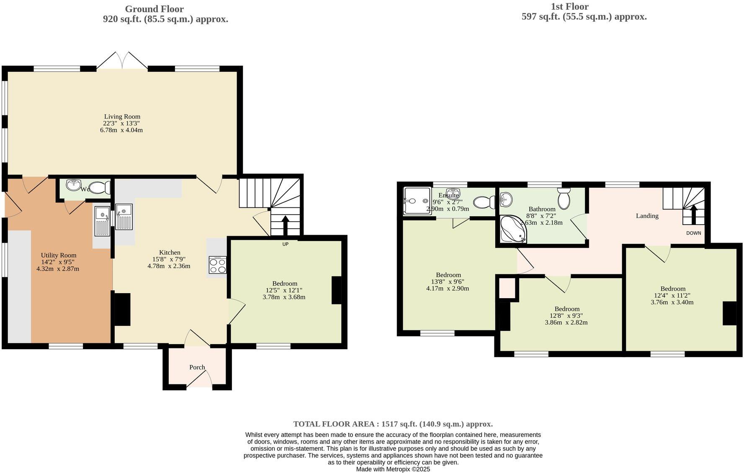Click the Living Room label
[x=122, y=117]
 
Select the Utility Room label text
[x=59, y=255]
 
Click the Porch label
[x=197, y=367]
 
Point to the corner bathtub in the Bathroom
[x=512, y=230]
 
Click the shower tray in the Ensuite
[x=417, y=201]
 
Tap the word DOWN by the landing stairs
[x=693, y=233]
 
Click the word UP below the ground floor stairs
[x=285, y=244]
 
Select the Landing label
[x=647, y=216]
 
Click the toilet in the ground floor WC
[x=99, y=188]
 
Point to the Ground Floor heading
[x=154, y=9]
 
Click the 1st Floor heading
[x=569, y=6]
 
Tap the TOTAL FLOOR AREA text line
[x=393, y=424]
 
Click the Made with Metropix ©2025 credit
[x=393, y=469]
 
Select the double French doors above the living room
[x=122, y=61]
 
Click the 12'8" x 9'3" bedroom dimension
[x=566, y=316]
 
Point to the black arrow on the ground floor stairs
[x=286, y=226]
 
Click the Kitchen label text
[x=170, y=253]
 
